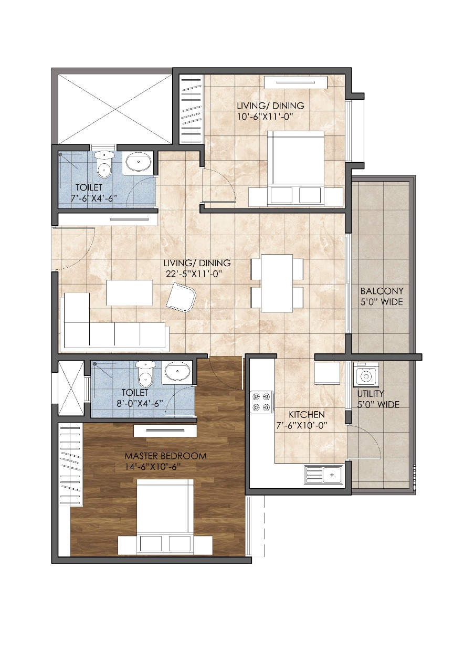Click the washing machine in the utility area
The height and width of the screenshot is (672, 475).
366,374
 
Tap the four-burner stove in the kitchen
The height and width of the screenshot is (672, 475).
261,402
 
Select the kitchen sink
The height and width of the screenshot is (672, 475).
323,475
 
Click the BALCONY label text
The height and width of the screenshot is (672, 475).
382,291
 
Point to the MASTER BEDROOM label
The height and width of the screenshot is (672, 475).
165,456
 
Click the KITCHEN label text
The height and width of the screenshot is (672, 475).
307,415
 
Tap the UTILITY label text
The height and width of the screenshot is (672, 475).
371,393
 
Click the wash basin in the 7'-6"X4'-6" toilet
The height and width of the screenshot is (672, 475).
138,162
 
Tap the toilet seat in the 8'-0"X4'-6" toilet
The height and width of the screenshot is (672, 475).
145,374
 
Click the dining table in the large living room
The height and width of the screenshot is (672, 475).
277,283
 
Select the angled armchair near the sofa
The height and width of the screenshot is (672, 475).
181,298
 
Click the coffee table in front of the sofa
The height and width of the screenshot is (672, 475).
129,292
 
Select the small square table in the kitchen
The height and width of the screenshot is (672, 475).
327,373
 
